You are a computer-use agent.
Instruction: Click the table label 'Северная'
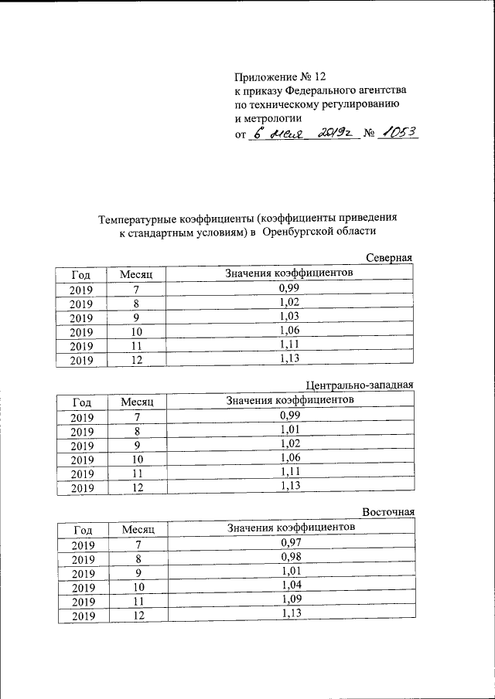tap(390, 258)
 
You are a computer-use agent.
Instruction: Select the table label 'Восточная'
tap(390, 511)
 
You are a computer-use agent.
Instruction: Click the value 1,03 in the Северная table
tap(289, 316)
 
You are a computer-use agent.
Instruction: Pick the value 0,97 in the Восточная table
tap(291, 544)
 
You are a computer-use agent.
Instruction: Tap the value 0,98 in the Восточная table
tap(291, 557)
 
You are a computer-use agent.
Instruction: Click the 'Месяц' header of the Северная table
tap(137, 275)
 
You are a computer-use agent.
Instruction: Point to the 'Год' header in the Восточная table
tap(83, 529)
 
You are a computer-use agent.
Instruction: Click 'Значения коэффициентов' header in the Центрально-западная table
tap(289, 400)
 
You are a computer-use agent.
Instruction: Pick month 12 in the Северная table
tap(136, 359)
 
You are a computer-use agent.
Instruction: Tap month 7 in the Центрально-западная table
tap(136, 417)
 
